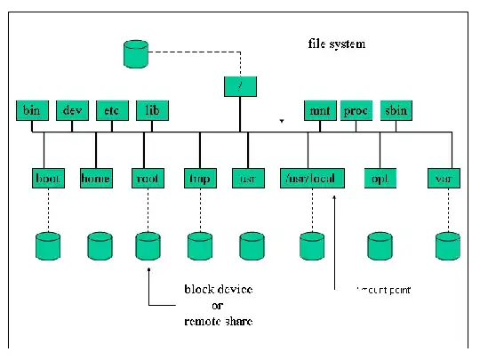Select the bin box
click(x=31, y=111)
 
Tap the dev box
click(x=71, y=111)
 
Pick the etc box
click(x=111, y=111)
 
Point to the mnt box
click(x=317, y=111)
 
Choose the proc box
click(x=356, y=111)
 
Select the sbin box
click(x=396, y=111)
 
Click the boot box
click(x=48, y=178)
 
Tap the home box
click(x=95, y=178)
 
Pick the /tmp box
click(x=199, y=178)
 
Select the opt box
click(x=380, y=178)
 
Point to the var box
click(x=442, y=178)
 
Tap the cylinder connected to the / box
click(x=135, y=54)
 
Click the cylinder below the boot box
click(x=47, y=244)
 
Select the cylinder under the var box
click(x=446, y=244)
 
